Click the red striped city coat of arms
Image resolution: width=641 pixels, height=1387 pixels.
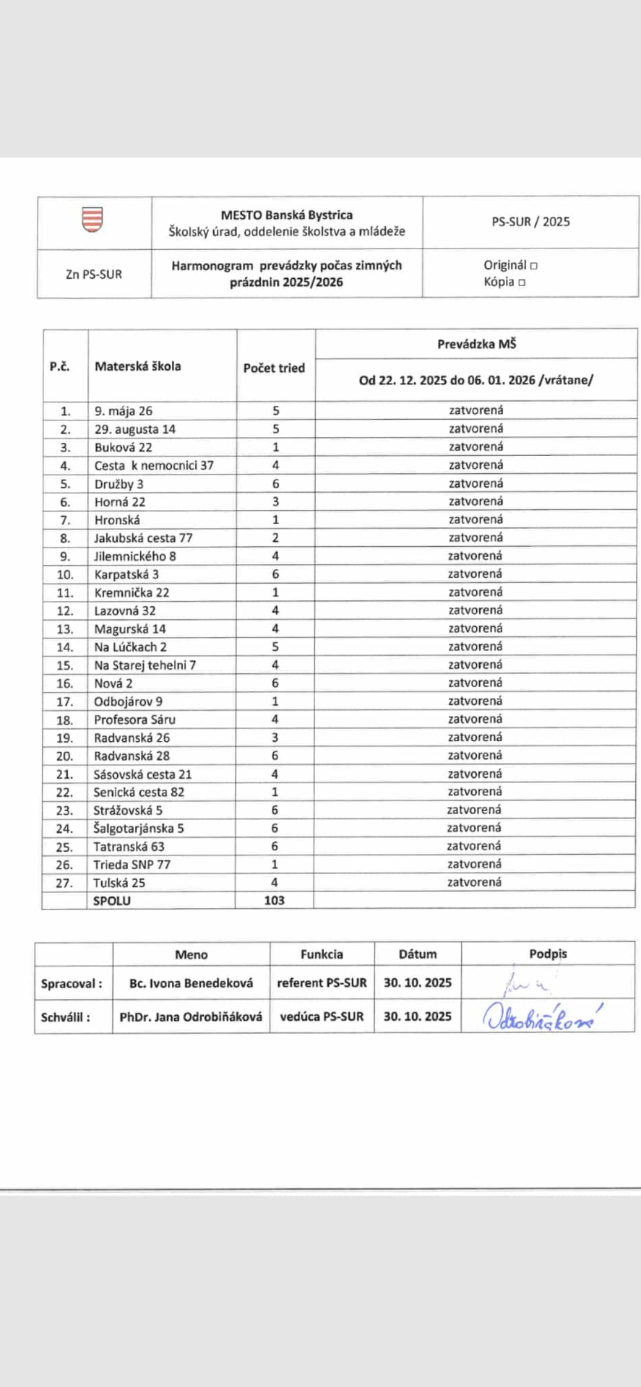click(x=93, y=220)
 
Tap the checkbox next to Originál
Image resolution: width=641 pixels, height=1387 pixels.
click(x=534, y=266)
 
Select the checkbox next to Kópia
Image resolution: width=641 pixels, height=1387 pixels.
click(x=522, y=282)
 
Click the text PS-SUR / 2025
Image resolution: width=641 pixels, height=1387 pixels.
click(x=530, y=222)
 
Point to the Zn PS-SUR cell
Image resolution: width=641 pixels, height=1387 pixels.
click(x=94, y=275)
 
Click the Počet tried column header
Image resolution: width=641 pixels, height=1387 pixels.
click(x=274, y=368)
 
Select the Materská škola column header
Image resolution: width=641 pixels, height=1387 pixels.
click(x=137, y=366)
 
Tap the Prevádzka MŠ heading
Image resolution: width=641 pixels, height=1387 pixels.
click(x=476, y=344)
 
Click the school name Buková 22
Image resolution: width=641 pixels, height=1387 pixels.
click(x=123, y=447)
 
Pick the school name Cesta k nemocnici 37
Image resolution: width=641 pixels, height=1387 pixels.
click(x=154, y=465)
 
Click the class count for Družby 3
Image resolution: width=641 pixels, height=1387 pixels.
click(x=275, y=483)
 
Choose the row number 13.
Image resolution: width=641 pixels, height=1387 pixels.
click(x=65, y=629)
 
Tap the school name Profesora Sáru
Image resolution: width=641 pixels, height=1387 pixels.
click(x=134, y=720)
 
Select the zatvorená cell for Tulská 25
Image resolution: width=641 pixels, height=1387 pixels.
click(x=474, y=882)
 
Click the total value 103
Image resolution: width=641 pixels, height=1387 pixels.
click(x=275, y=900)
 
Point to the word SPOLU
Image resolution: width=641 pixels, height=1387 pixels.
click(x=112, y=901)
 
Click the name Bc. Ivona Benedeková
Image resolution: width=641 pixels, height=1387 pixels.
click(x=191, y=982)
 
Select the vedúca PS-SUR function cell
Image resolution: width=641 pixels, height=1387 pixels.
click(x=322, y=1016)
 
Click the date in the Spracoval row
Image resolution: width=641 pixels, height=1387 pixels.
click(x=418, y=982)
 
